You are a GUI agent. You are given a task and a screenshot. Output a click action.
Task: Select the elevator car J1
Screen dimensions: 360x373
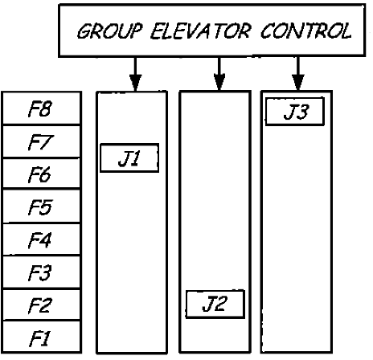click(x=128, y=158)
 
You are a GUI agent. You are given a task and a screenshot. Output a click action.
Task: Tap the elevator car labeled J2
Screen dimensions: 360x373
click(x=214, y=304)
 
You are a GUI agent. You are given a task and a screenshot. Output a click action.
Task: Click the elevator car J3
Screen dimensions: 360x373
click(x=294, y=112)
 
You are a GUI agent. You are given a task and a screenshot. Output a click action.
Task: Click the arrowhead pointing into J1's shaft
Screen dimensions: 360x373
click(x=135, y=83)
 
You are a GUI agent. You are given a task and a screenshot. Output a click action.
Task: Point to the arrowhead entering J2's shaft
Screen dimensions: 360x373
click(x=218, y=83)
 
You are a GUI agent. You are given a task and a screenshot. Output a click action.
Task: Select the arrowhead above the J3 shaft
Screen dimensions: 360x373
click(x=297, y=83)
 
